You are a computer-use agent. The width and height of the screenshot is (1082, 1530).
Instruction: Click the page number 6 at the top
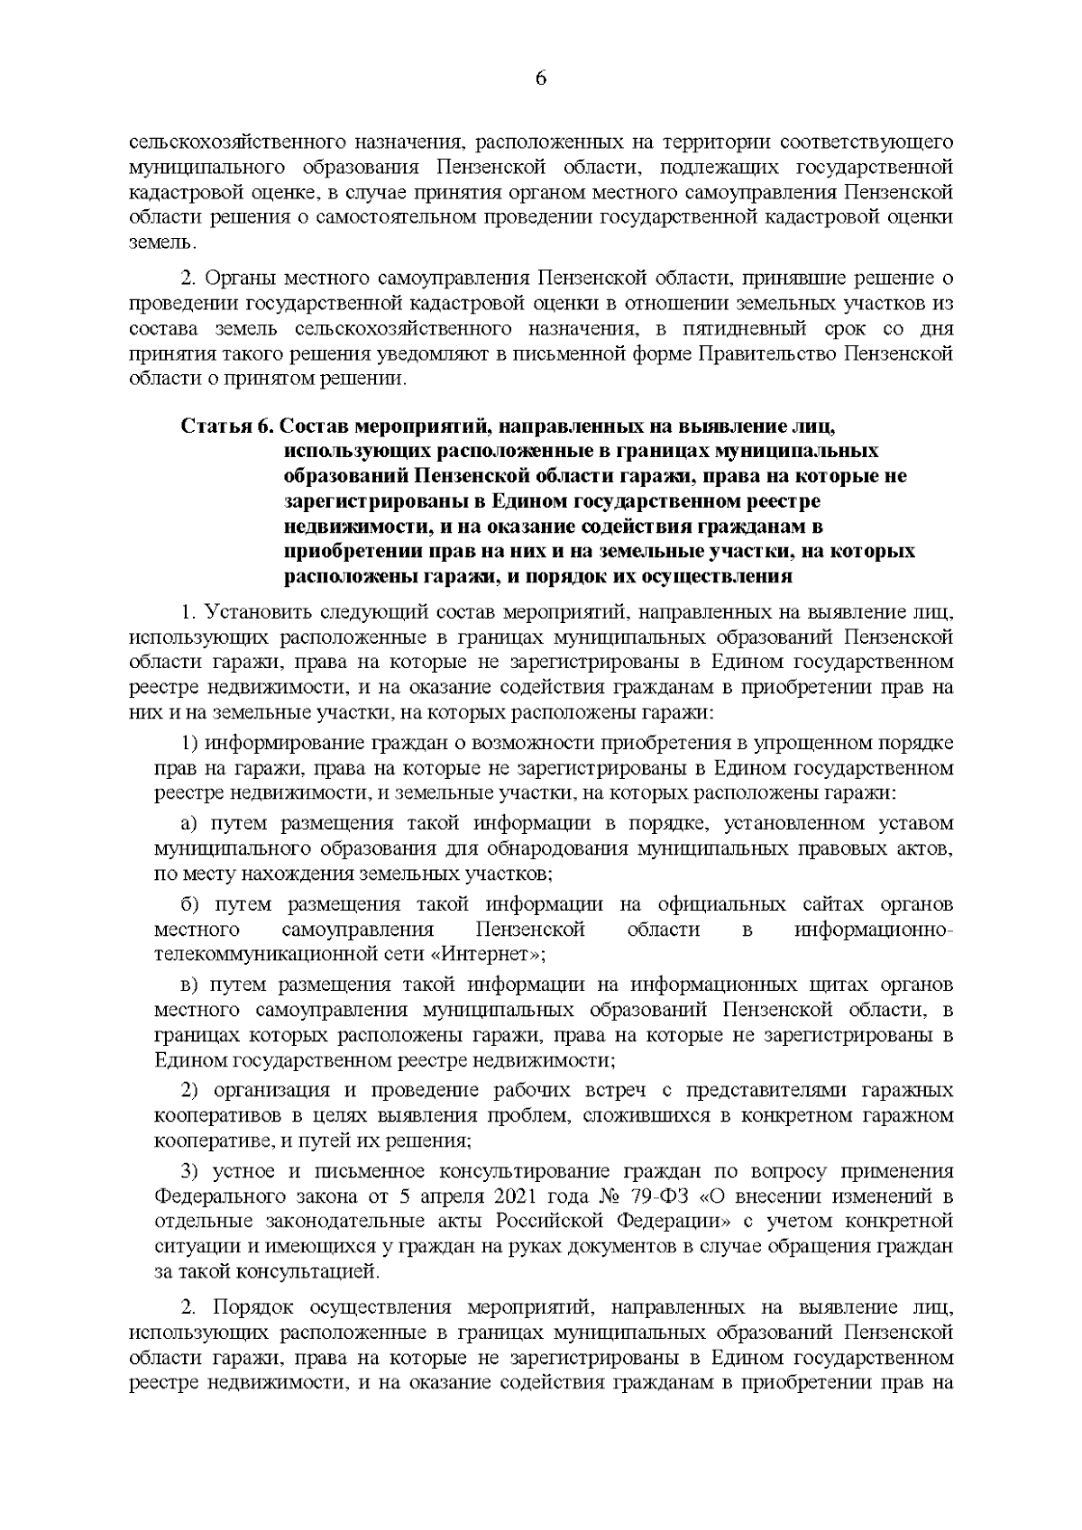[541, 78]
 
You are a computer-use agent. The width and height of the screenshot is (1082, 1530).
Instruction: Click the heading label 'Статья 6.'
[223, 425]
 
